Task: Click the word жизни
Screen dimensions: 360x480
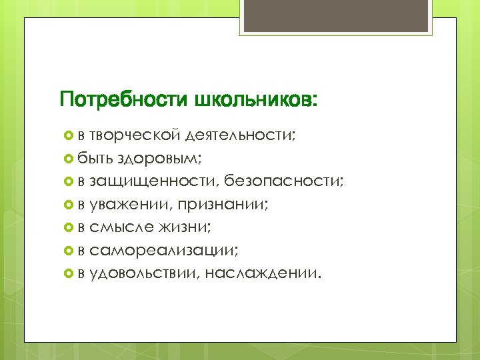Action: point(184,227)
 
